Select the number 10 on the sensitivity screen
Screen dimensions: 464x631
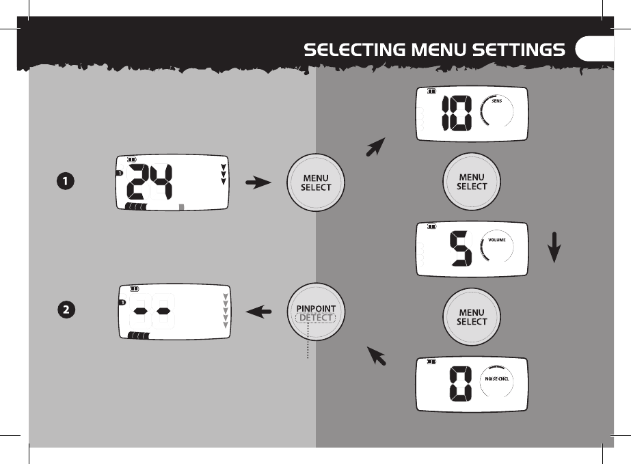coord(457,113)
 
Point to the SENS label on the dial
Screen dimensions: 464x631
coord(497,100)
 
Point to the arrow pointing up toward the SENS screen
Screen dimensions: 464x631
coord(376,147)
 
